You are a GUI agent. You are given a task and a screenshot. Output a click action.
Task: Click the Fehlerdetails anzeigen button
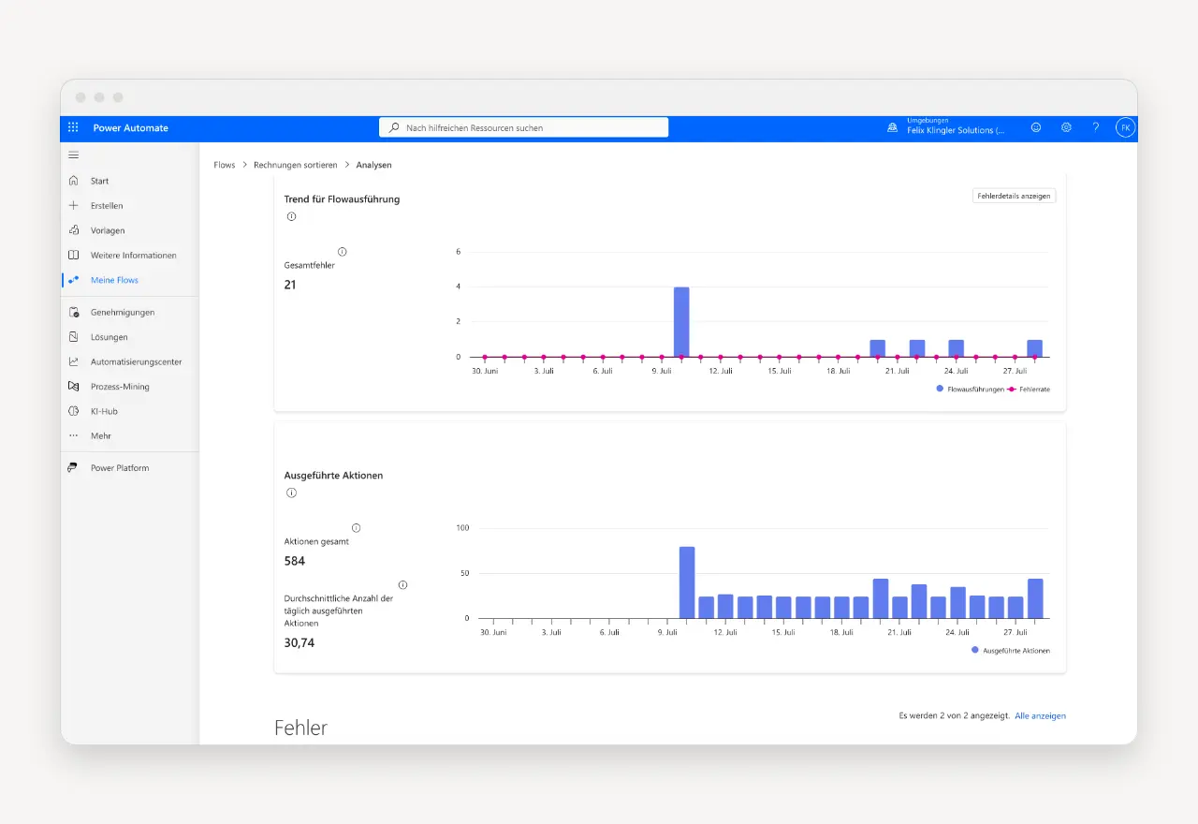(1014, 196)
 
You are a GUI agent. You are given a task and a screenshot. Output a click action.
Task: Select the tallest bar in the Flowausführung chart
(681, 321)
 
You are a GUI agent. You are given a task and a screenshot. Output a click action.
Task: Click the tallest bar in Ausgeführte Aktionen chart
(687, 582)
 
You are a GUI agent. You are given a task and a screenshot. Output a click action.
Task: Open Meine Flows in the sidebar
(114, 280)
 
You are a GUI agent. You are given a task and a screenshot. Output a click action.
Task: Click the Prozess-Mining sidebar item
(120, 387)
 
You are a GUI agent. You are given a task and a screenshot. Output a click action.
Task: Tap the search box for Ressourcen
(523, 127)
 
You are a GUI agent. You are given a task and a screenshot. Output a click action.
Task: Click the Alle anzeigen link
(1040, 715)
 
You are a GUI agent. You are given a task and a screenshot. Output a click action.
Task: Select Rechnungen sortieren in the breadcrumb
(295, 165)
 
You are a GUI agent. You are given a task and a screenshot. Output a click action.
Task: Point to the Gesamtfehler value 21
(290, 285)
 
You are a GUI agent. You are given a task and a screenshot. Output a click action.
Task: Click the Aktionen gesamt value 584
(294, 561)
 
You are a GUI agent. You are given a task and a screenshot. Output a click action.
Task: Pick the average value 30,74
(299, 642)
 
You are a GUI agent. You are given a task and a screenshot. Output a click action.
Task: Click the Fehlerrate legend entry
(1029, 389)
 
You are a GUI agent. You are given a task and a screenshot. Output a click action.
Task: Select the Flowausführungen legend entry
(971, 389)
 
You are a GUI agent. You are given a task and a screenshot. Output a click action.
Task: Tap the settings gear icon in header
(1066, 127)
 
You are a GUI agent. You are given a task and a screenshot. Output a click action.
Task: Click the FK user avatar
(1125, 128)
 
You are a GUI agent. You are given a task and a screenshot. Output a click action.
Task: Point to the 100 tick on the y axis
(462, 527)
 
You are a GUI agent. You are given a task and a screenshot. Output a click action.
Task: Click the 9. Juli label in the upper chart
(662, 371)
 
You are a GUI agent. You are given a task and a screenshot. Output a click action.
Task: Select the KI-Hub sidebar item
(104, 411)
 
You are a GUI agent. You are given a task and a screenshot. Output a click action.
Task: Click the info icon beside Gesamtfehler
(343, 252)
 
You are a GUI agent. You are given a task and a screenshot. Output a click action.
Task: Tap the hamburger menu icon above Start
(74, 155)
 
